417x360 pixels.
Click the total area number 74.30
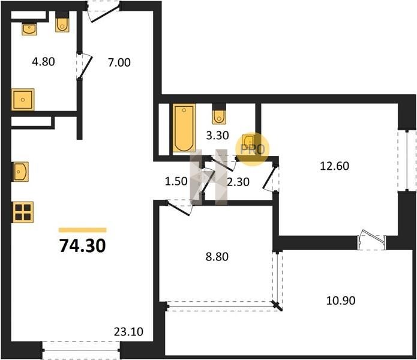tap(82, 245)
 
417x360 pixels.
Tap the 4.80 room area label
tap(43, 62)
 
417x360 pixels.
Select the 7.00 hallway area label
tap(119, 63)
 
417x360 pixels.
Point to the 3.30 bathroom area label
tap(218, 136)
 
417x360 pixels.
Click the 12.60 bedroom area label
tap(335, 166)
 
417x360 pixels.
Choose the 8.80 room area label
tap(217, 257)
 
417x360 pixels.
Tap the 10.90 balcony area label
tap(341, 301)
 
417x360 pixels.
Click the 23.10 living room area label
tap(128, 332)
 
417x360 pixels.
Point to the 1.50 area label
tap(176, 181)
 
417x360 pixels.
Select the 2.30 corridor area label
tap(238, 182)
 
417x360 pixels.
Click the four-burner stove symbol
tap(22, 212)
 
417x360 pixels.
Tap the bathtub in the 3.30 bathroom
tap(184, 128)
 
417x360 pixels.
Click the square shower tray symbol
tap(23, 100)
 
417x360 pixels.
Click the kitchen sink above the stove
tap(20, 172)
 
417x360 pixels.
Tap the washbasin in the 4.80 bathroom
tap(29, 29)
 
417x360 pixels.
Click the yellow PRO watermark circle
tap(253, 149)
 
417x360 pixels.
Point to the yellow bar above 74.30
tap(82, 230)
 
